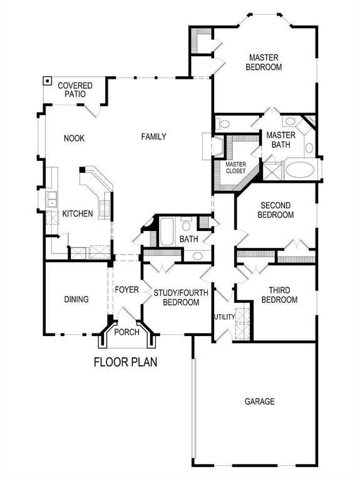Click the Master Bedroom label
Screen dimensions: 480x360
[x=263, y=61]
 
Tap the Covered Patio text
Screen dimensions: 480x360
[x=75, y=89]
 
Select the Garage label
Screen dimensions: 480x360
[x=259, y=401]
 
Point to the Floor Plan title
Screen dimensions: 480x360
[x=125, y=362]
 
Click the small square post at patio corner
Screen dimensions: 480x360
[x=47, y=81]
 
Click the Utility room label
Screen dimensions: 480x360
[x=224, y=317]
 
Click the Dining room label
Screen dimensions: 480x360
[x=76, y=299]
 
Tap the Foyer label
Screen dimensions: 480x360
[x=126, y=290]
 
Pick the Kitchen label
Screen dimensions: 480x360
[x=78, y=213]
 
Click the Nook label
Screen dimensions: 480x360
[x=74, y=138]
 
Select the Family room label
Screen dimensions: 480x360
[x=153, y=136]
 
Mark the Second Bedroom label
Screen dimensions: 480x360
[x=277, y=210]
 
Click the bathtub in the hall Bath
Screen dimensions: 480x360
[x=168, y=231]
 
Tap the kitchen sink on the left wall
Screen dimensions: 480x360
[x=50, y=201]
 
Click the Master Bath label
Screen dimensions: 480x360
[x=280, y=140]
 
